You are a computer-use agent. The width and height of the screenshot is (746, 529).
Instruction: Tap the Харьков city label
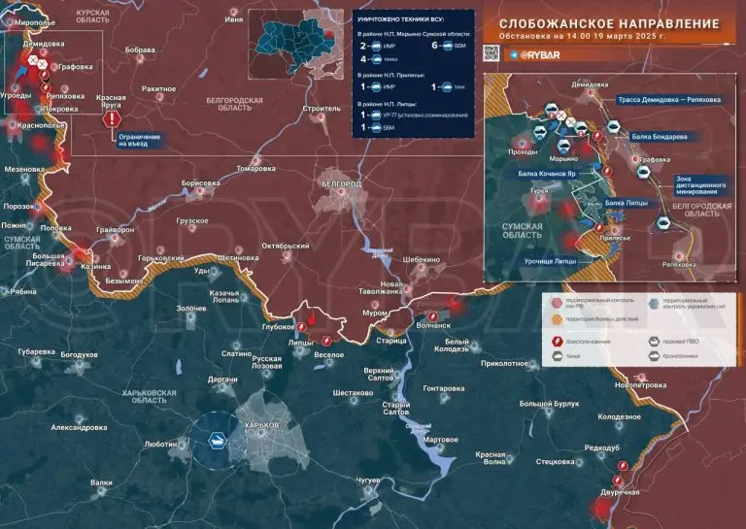click(x=262, y=426)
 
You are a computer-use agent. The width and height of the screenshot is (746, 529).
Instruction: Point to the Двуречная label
click(x=620, y=493)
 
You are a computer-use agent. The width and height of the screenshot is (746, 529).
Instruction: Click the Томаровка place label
click(x=256, y=168)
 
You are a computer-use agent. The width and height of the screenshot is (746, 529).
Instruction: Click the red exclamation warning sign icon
click(x=113, y=119)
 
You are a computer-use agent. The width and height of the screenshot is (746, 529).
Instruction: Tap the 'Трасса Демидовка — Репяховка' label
click(x=669, y=100)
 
